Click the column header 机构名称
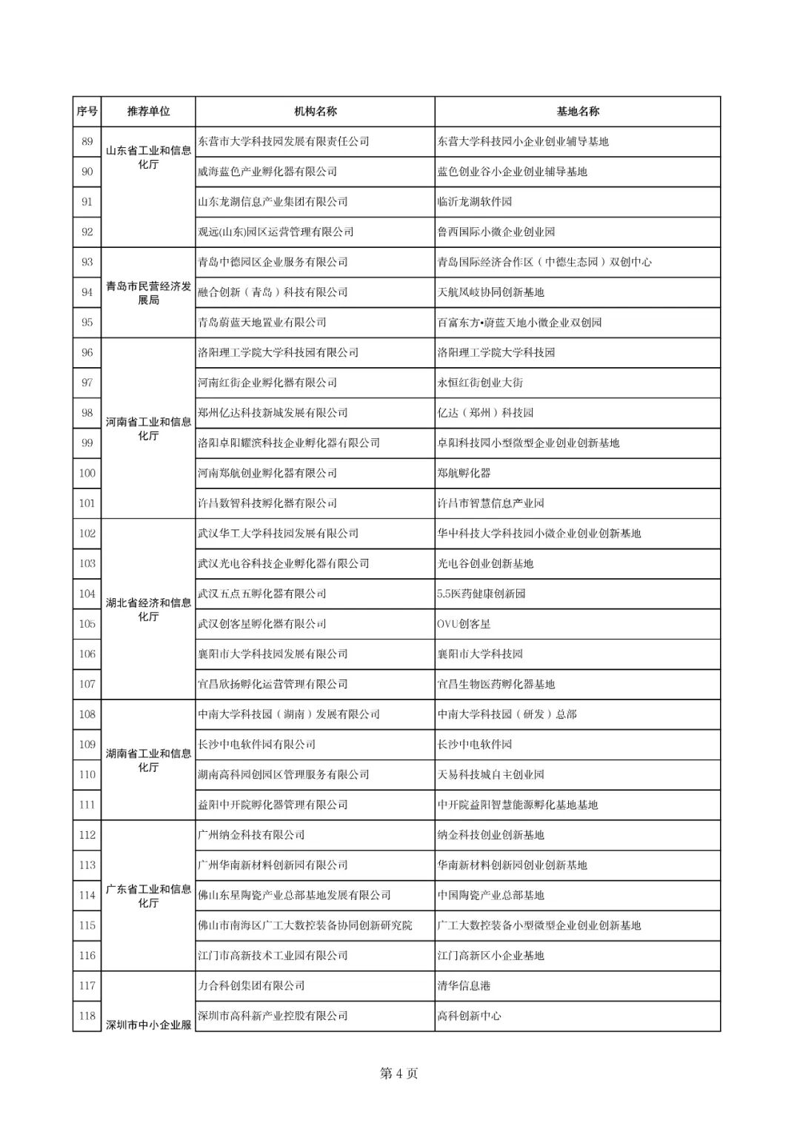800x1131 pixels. coord(315,112)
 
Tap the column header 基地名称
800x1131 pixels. coord(577,112)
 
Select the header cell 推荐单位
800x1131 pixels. coord(148,112)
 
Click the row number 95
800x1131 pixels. coord(87,323)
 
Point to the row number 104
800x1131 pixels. coord(87,594)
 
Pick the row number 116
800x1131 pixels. coord(87,956)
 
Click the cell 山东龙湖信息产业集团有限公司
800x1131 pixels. coord(273,202)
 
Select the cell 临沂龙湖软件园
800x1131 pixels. coord(475,202)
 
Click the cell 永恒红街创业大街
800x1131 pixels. coord(480,383)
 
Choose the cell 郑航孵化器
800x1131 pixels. coord(464,473)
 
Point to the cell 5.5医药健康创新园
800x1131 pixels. coord(481,594)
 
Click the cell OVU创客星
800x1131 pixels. coord(464,624)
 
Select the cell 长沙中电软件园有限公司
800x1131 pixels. coord(256,745)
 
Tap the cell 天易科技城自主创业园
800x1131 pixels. coord(490,775)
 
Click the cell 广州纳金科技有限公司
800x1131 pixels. coord(251,835)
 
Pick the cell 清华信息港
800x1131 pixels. coord(464,986)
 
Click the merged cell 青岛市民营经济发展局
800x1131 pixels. coord(148,293)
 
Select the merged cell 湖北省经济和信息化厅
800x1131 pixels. coord(148,609)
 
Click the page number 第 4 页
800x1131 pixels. coord(399,1073)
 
